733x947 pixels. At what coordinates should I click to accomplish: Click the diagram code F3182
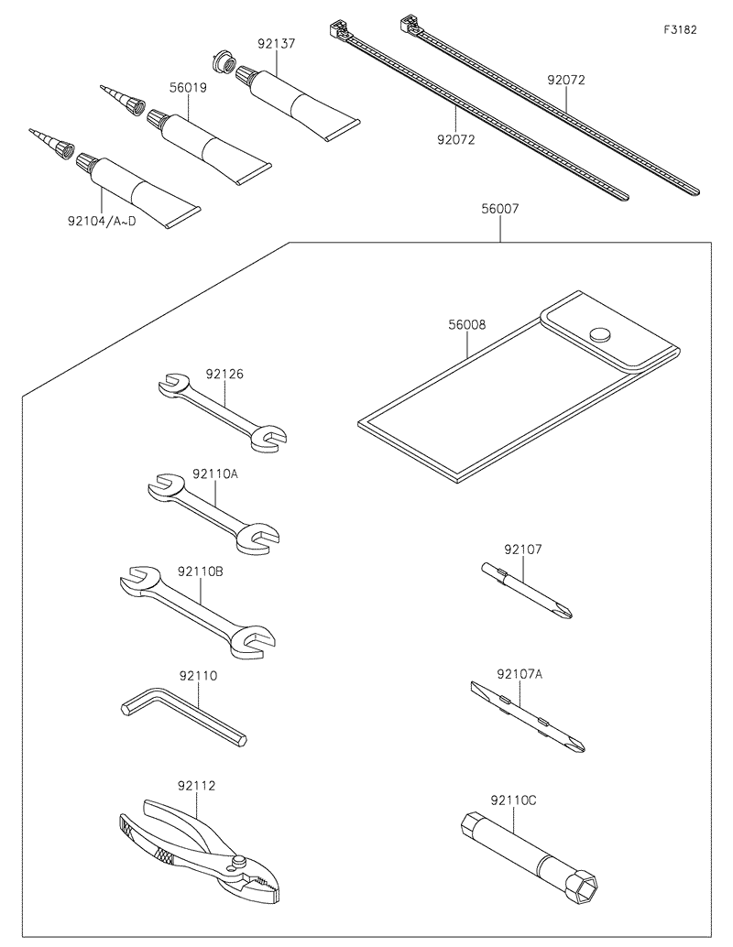680,29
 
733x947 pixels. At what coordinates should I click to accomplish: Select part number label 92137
276,42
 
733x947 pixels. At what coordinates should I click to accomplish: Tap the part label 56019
187,88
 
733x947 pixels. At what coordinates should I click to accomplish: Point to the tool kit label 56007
499,209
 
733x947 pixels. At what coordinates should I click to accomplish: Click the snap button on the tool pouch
600,335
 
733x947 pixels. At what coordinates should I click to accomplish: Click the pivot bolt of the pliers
239,861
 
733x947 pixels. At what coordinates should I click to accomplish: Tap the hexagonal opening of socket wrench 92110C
584,887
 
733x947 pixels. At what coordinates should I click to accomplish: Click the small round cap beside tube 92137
221,62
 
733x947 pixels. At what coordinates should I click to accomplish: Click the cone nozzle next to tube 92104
50,143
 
